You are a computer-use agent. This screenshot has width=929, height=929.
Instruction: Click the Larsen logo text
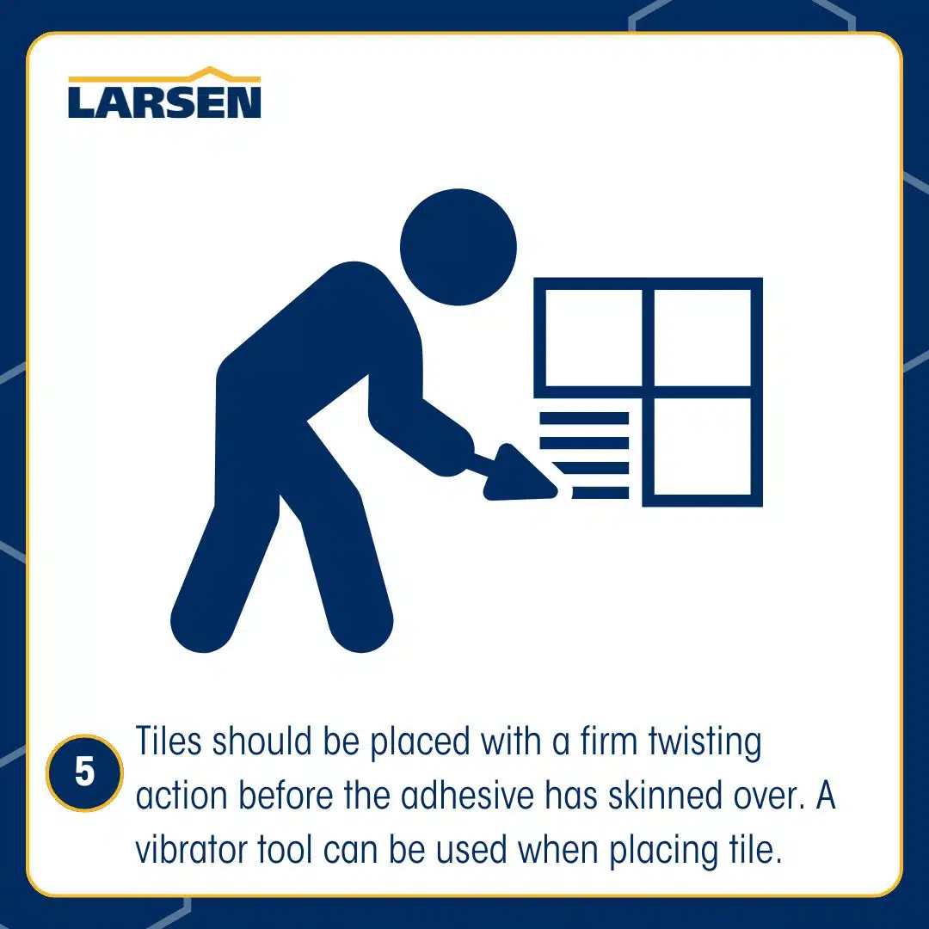(164, 102)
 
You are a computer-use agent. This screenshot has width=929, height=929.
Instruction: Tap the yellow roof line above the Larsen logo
(164, 75)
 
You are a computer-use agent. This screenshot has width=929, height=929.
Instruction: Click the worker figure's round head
(458, 247)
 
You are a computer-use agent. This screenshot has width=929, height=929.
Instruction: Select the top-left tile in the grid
(594, 338)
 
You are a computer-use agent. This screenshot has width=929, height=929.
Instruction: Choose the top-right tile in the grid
(702, 338)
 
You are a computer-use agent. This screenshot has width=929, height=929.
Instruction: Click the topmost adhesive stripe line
(584, 418)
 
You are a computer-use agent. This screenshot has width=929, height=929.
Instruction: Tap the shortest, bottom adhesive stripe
(600, 492)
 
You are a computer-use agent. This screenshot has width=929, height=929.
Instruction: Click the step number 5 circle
(84, 772)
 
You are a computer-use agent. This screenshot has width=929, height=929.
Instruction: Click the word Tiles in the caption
(169, 741)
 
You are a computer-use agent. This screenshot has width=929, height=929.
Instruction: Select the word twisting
(704, 743)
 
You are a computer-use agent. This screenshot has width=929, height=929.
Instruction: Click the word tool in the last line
(285, 850)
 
